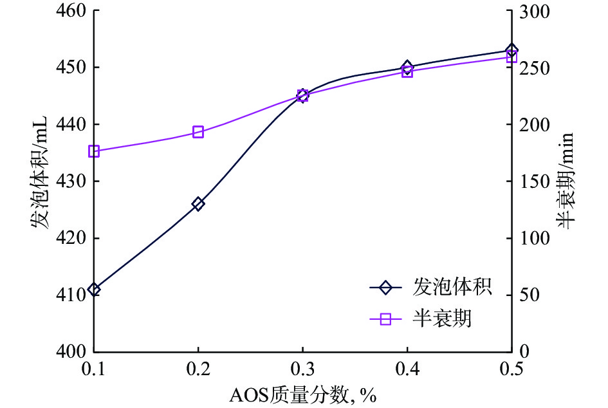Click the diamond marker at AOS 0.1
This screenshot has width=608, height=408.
click(94, 290)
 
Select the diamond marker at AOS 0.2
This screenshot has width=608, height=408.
click(198, 204)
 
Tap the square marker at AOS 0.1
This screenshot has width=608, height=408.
click(94, 151)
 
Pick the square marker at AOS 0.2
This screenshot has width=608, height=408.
click(198, 133)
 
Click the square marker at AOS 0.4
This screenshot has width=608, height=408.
click(407, 71)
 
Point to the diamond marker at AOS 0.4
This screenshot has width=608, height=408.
click(407, 67)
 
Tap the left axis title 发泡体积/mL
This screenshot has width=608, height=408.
click(41, 181)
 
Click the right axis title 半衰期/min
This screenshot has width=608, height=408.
click(564, 181)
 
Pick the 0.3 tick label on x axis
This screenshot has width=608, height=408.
click(302, 369)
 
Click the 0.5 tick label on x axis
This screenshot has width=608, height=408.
click(511, 369)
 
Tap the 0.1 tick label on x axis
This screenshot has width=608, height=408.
click(94, 369)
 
